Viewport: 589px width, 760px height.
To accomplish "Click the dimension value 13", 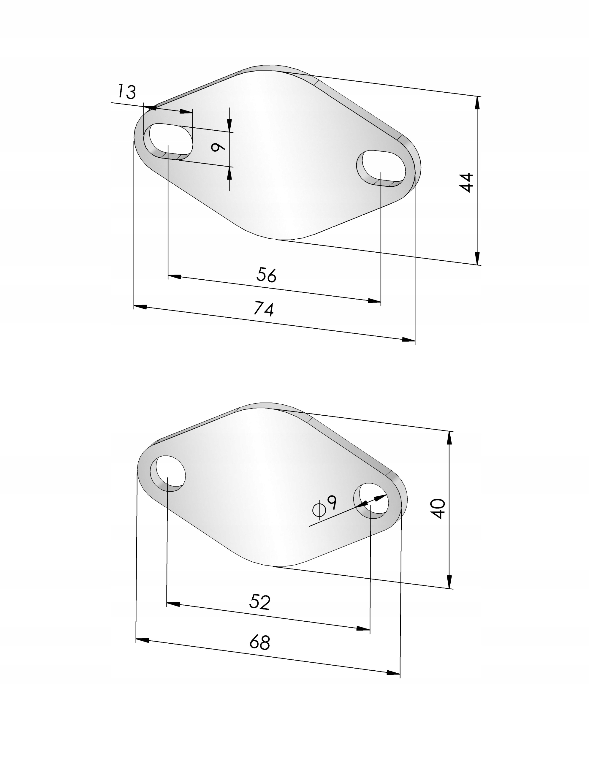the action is coord(126,91).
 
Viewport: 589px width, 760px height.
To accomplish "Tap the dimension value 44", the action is coord(466,182).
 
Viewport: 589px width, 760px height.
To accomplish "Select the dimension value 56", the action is coord(267,275).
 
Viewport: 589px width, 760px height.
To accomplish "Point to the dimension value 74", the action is coord(264,309).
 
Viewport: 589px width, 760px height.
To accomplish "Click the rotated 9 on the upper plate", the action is coord(218,148).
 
